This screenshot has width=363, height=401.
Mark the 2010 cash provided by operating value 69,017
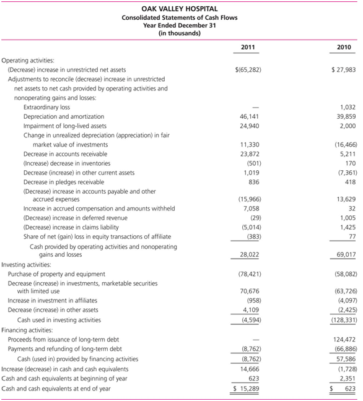point(344,254)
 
